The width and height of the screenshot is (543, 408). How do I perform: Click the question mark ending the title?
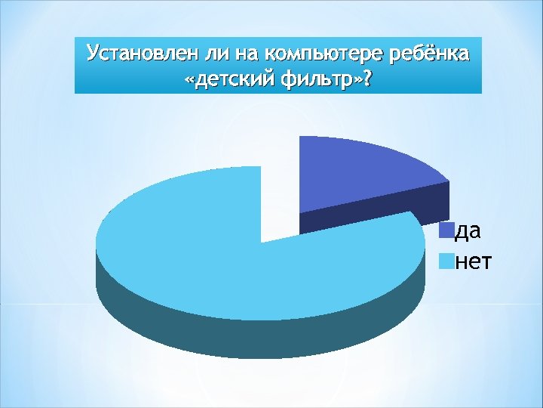tap(367, 79)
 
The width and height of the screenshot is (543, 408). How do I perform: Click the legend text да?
tap(469, 230)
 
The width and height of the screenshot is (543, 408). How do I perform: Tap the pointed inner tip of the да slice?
tap(300, 212)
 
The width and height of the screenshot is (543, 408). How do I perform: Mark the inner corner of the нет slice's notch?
tap(260, 243)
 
